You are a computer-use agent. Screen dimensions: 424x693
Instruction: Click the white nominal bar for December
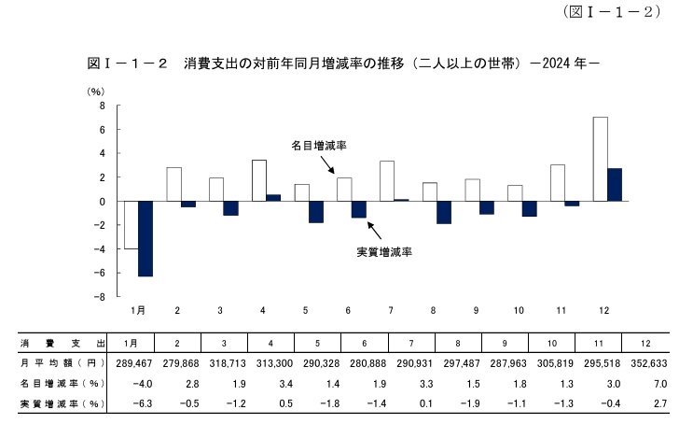pos(601,159)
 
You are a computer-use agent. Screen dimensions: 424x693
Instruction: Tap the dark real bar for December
pos(615,185)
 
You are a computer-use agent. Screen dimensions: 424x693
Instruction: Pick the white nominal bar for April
pos(259,180)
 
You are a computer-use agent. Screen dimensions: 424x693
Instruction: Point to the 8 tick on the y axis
pos(103,106)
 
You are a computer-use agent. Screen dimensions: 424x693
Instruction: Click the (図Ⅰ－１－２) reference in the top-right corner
pos(612,12)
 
